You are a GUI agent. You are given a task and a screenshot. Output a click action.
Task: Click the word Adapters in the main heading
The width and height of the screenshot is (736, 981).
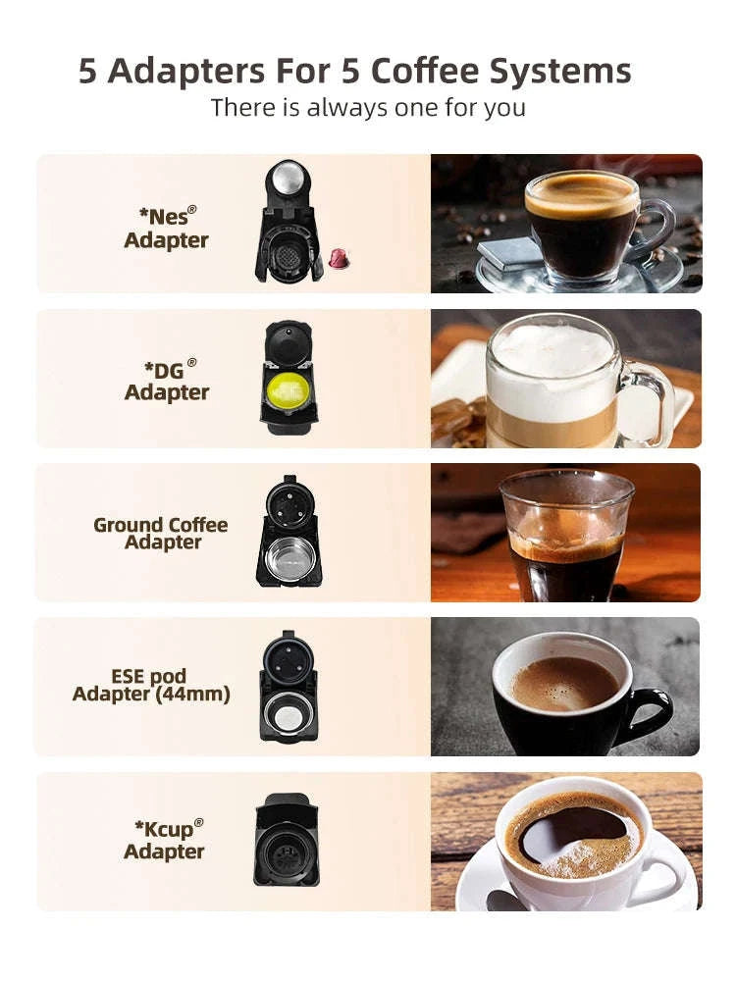pos(184,72)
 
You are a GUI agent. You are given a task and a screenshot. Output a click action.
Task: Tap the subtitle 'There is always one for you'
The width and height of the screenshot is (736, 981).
pos(368,107)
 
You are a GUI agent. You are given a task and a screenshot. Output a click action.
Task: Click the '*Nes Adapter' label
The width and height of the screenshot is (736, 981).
pos(166,229)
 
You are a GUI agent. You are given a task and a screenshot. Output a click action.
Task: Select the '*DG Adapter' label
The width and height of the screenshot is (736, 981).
pos(166,381)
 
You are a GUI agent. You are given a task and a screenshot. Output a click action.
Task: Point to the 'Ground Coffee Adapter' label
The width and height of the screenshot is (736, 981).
pos(161,533)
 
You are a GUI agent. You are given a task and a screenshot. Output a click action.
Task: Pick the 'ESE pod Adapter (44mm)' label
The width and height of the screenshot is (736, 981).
pos(151,685)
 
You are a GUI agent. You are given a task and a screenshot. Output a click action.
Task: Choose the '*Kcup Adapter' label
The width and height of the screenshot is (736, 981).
pos(164,840)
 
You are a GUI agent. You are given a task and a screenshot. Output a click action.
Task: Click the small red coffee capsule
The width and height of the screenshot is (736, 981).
pos(339,259)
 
